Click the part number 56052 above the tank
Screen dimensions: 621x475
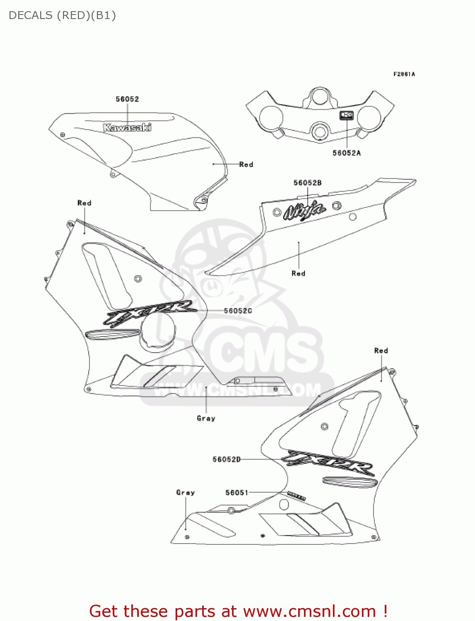127,99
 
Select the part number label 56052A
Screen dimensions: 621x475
347,153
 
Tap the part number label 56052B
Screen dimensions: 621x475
307,183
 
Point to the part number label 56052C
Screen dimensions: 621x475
238,310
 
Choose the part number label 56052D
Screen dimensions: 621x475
227,459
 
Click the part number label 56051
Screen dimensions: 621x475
236,492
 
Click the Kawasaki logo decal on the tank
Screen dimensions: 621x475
127,128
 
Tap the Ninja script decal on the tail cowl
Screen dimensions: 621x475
304,210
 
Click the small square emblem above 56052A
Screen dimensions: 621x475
347,115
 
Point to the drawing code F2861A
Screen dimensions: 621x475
404,74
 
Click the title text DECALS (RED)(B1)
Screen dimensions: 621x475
62,15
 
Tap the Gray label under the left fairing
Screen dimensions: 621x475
206,418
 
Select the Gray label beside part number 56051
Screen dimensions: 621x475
185,492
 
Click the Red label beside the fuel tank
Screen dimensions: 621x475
246,164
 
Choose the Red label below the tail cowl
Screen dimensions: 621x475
298,273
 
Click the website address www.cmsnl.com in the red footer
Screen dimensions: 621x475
309,611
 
